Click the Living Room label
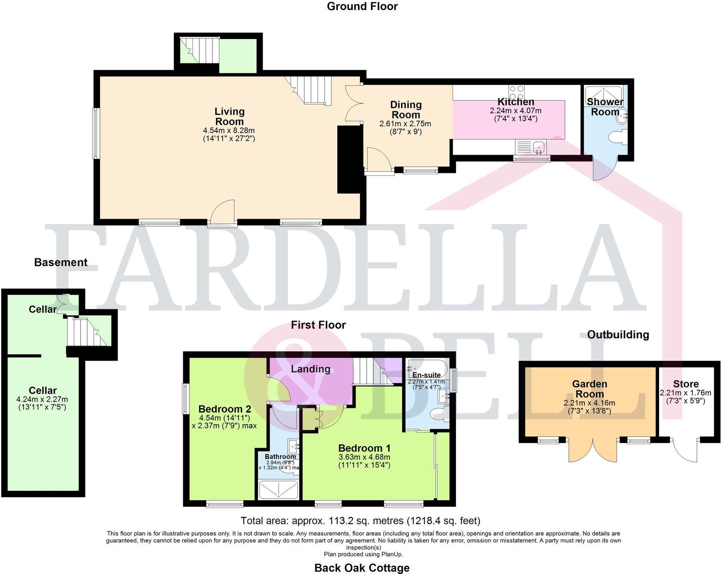click(x=229, y=116)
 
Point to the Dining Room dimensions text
click(x=405, y=128)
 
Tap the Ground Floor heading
click(x=362, y=6)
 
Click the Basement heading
click(x=61, y=262)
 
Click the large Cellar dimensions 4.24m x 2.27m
click(x=42, y=403)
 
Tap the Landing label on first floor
click(x=311, y=369)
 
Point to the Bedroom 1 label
click(x=364, y=448)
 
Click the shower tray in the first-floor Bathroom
click(x=278, y=490)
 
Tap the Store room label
click(x=686, y=384)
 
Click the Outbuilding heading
click(x=618, y=334)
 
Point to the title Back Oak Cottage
click(x=362, y=568)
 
